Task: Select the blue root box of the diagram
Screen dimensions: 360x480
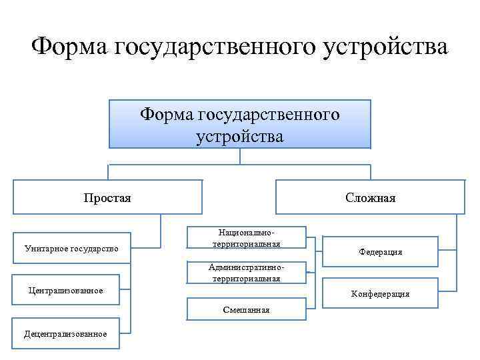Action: (240, 124)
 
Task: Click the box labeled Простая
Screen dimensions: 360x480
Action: (107, 197)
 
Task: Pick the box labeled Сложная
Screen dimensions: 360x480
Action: (371, 197)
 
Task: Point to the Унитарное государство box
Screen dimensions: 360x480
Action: (71, 249)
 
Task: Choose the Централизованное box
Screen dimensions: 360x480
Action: (65, 291)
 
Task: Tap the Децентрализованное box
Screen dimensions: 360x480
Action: (65, 333)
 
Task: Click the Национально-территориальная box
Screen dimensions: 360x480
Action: (246, 238)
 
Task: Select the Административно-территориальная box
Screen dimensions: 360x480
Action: (246, 273)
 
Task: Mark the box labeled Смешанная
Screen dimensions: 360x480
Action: (246, 309)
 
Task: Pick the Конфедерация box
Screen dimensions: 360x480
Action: (380, 293)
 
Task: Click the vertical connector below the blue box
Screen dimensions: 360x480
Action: (240, 156)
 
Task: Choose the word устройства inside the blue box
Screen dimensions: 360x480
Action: (240, 136)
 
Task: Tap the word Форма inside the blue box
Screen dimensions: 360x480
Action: (166, 115)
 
